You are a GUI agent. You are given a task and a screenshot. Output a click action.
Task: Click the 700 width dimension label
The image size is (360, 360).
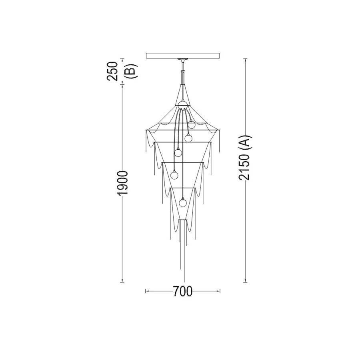[x=182, y=291]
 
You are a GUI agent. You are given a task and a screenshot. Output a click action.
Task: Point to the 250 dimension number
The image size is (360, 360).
[x=112, y=71]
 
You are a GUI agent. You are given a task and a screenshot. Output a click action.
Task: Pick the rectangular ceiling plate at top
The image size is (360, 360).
[x=183, y=56]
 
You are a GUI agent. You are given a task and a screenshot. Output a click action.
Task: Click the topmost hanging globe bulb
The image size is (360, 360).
[x=191, y=125]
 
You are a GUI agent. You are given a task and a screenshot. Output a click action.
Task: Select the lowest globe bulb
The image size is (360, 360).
[x=183, y=202]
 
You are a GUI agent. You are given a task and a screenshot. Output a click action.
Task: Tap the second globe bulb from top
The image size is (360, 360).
[x=188, y=138]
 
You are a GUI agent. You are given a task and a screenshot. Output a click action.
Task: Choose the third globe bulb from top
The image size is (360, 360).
[x=178, y=152]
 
